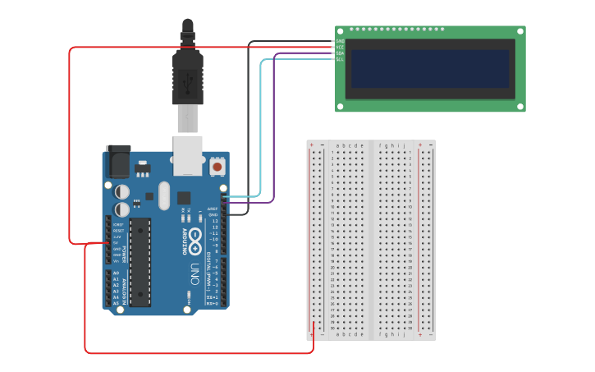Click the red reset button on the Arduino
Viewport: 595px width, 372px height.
[x=217, y=167]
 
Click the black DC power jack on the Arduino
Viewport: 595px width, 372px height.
[x=117, y=161]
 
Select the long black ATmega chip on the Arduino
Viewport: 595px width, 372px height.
[x=140, y=262]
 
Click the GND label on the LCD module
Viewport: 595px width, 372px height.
[x=340, y=40]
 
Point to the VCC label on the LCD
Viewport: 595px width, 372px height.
[x=340, y=47]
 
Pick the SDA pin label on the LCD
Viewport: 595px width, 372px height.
[x=340, y=53]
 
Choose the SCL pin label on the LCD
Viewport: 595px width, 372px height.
[x=340, y=59]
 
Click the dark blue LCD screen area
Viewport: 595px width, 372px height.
[x=430, y=69]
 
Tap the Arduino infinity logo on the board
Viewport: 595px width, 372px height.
[x=196, y=240]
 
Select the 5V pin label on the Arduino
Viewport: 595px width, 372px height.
[x=116, y=243]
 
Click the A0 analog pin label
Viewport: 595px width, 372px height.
[x=116, y=273]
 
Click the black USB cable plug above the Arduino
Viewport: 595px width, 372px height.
[x=188, y=78]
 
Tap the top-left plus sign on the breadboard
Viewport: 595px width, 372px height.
[x=311, y=145]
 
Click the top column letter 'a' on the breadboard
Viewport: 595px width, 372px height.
[x=337, y=145]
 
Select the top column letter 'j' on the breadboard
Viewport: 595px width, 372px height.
[x=403, y=145]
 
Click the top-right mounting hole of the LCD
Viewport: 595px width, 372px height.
[x=519, y=32]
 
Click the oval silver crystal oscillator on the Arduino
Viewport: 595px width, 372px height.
[x=164, y=195]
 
